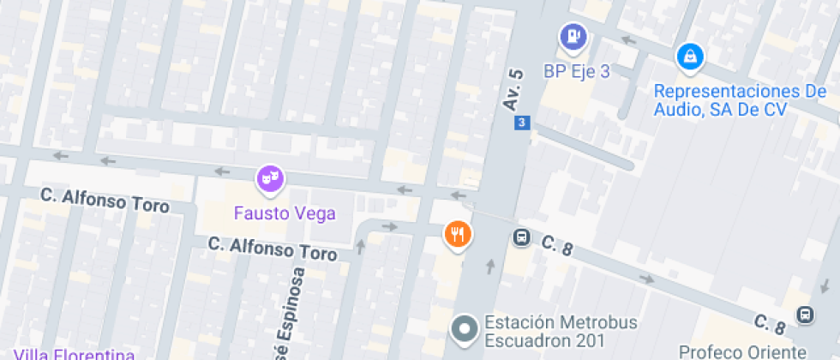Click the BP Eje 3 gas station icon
coord(573,37)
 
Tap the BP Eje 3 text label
coord(576,71)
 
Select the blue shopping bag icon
coord(689,57)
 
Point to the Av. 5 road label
coord(513,88)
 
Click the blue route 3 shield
coord(521,123)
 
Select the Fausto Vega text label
coord(285,213)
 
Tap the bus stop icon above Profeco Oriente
coord(804,315)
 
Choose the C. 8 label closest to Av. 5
coord(556,247)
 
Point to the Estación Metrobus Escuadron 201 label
coord(544,332)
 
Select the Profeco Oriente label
coord(742,351)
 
